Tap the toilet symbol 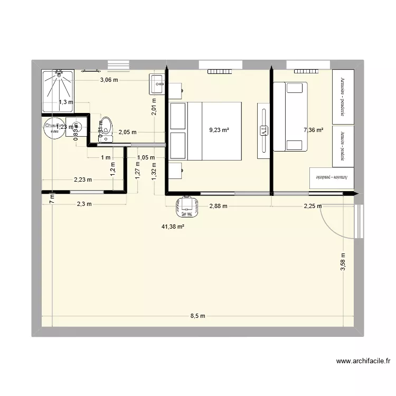(x=106, y=129)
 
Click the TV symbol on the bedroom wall (x=263, y=130)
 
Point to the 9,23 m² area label (x=219, y=130)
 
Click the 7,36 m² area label (x=314, y=130)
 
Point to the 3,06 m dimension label (x=109, y=80)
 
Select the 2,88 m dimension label (x=218, y=206)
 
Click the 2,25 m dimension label (x=312, y=206)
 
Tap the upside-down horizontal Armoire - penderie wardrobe (x=332, y=178)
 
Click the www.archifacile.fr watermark (x=363, y=362)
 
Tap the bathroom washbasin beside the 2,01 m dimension (x=158, y=84)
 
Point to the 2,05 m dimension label (x=127, y=133)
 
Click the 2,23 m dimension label (x=82, y=180)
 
